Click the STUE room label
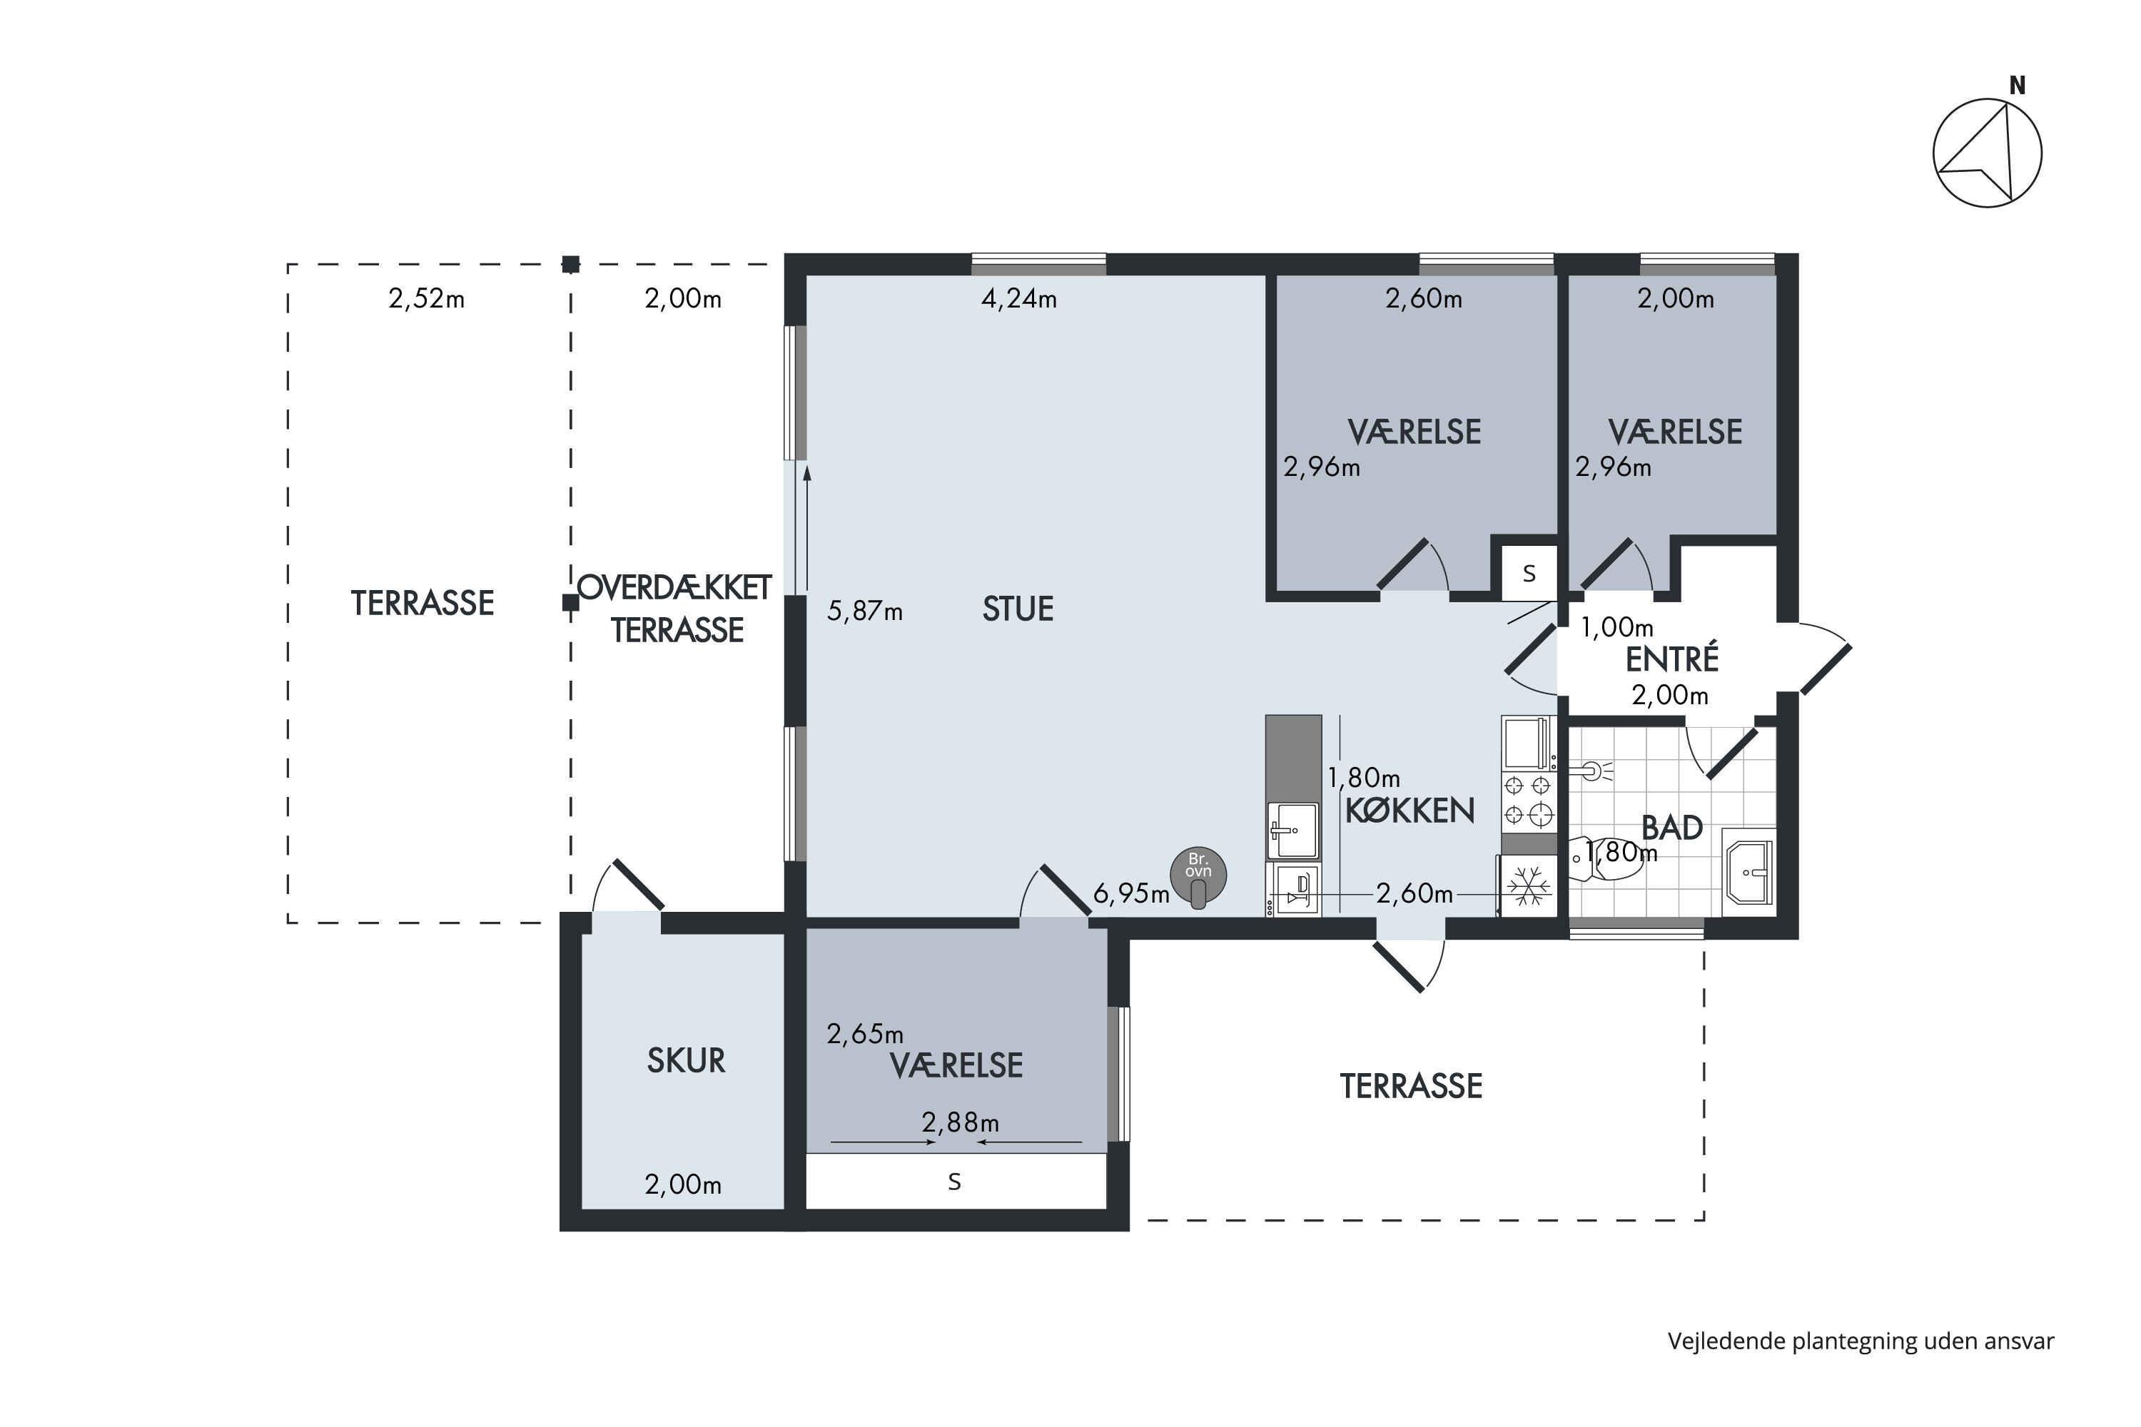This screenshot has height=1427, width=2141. [x=1018, y=609]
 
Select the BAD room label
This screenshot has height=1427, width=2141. [x=1672, y=827]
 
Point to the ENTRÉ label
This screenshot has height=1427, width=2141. [x=1672, y=659]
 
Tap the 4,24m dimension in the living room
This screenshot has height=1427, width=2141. [x=1018, y=298]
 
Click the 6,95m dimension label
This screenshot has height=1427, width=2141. [x=1131, y=894]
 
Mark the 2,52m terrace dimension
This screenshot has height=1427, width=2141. [x=426, y=298]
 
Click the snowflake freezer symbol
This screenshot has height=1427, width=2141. [x=1529, y=886]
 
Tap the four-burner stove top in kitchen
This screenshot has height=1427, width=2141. [x=1529, y=800]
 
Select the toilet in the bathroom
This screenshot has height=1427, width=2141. [x=1606, y=858]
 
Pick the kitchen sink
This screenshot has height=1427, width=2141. [x=1292, y=830]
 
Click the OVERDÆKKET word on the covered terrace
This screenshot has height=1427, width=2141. [x=674, y=588]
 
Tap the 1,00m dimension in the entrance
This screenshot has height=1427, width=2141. [x=1616, y=627]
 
